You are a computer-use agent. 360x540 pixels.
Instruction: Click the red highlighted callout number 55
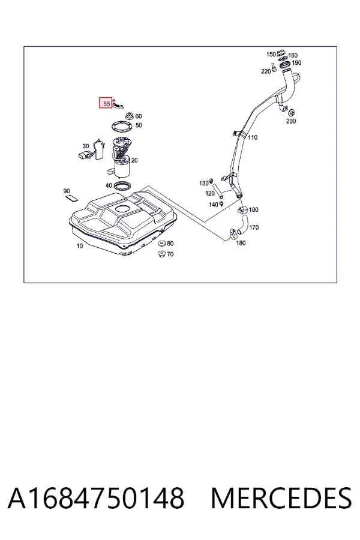coord(106,103)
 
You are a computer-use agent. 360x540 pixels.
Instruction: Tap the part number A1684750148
coord(96,497)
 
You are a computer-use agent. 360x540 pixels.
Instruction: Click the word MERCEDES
coord(281,497)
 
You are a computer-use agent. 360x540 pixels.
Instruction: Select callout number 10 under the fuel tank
coord(80,246)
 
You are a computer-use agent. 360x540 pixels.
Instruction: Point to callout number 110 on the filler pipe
coord(253,137)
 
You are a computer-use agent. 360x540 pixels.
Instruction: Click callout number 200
coord(291,121)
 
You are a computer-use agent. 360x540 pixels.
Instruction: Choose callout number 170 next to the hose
coord(254,227)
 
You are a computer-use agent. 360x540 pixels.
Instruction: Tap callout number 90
coord(67,191)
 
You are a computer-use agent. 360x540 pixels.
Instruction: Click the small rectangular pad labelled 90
coord(71,197)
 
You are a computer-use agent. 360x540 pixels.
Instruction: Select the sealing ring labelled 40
coord(122,187)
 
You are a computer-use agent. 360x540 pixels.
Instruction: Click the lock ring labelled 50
coord(122,127)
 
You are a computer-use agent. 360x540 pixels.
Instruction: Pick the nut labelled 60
coord(130,116)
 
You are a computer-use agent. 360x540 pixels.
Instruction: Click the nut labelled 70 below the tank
coord(161,254)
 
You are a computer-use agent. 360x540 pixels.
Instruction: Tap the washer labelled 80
coord(161,244)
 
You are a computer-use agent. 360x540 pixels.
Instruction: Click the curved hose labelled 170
coord(242,227)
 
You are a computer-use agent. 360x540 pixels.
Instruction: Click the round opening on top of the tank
coord(122,209)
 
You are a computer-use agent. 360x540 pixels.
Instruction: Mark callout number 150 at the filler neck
coord(271,54)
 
